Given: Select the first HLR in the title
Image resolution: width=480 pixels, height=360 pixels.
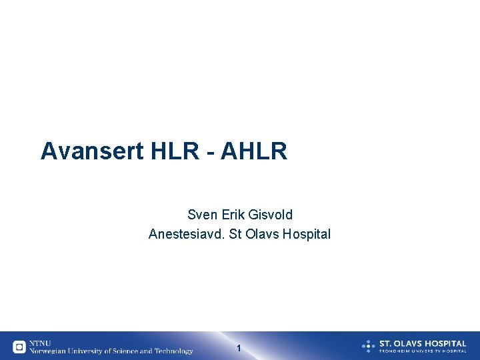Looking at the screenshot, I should (175, 151).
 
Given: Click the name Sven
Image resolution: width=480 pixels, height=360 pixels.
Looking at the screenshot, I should (201, 215).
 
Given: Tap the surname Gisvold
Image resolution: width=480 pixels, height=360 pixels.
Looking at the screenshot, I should (270, 215).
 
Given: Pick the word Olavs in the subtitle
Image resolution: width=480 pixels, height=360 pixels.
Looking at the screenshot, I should (263, 234).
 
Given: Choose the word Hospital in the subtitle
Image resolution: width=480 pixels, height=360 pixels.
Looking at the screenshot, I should (307, 234).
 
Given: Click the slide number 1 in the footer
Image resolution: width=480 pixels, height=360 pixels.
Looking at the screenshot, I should (239, 348).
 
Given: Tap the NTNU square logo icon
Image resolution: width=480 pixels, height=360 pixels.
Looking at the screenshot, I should (19, 347).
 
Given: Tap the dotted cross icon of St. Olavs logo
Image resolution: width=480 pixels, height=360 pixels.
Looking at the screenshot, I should (368, 346).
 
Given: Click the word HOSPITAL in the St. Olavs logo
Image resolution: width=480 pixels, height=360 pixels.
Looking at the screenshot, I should (444, 343).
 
